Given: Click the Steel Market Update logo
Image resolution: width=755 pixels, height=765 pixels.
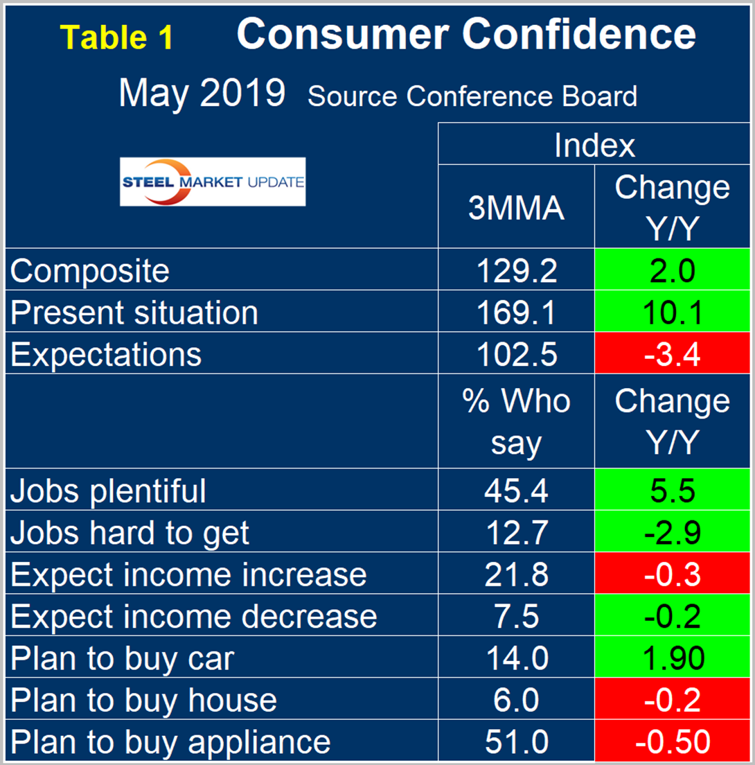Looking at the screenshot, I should tap(213, 182).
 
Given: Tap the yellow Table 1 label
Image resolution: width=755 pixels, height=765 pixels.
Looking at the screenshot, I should tap(116, 38).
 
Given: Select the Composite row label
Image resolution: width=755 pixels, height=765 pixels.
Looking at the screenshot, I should tap(89, 270).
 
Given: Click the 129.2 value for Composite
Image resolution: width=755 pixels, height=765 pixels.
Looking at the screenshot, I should tap(516, 270).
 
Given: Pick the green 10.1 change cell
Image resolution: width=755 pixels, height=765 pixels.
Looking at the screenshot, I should tap(672, 312).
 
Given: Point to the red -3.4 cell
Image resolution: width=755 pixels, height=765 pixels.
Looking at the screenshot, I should tap(672, 354).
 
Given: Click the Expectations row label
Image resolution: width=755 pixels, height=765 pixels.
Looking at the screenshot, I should tap(106, 354).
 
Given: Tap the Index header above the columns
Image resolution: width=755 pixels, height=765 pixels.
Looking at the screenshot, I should tap(594, 145).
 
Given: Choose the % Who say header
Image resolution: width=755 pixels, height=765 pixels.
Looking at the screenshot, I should tap(516, 422).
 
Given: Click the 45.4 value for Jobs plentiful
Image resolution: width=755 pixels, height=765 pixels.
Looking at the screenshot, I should tap(516, 491).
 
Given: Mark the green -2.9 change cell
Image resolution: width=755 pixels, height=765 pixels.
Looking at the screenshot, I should tap(672, 532).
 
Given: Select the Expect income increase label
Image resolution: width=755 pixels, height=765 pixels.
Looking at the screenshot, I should tap(188, 574).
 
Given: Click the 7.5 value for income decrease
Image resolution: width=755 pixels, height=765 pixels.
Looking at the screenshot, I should tap(516, 616).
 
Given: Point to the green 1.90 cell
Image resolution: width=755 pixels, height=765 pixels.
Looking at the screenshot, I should tap(672, 658).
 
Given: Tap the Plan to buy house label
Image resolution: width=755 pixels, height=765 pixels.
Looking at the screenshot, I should tap(143, 700).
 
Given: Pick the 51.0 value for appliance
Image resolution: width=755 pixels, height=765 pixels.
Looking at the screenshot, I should tap(516, 741).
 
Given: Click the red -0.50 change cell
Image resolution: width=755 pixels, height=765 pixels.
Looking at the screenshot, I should tap(672, 741).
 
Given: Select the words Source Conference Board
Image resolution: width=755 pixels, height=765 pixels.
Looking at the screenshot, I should tap(472, 96).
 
